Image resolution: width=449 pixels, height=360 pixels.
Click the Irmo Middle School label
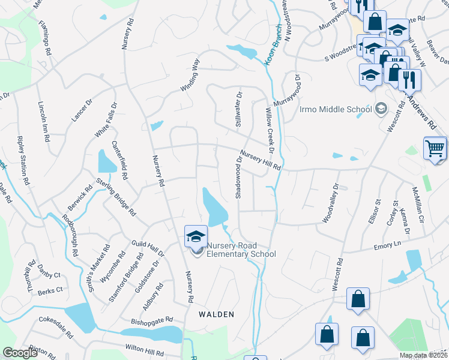[x=336, y=109]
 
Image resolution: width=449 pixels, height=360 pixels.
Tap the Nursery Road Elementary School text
[x=241, y=250]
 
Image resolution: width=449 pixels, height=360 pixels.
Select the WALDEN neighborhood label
[x=216, y=314]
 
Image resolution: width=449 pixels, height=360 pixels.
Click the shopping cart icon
[x=435, y=148]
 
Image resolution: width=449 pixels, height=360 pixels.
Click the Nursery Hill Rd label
[x=261, y=160]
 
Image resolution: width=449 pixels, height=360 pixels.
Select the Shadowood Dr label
[x=238, y=175]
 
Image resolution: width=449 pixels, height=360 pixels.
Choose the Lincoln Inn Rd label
[x=44, y=120]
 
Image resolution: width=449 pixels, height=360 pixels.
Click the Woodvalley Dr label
[x=331, y=203]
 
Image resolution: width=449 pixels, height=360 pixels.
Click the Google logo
[x=20, y=353]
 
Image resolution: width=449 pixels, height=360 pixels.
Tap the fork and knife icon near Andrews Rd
[x=409, y=79]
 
